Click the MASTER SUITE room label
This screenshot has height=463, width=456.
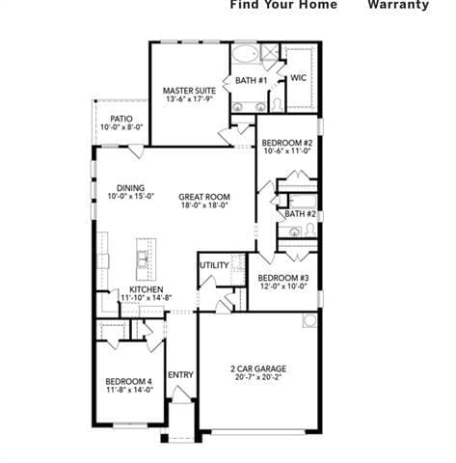click(187, 90)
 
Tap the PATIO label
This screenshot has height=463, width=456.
click(121, 118)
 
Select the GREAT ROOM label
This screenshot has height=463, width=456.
click(203, 196)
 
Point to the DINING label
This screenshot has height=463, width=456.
click(130, 188)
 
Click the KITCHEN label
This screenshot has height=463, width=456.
click(145, 288)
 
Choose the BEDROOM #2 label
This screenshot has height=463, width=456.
click(287, 143)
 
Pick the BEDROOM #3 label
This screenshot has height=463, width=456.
click(283, 278)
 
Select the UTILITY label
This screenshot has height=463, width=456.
click(214, 265)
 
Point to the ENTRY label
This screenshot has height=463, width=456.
click(180, 375)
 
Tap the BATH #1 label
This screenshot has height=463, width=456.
click(251, 80)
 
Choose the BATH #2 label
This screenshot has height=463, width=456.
click(300, 213)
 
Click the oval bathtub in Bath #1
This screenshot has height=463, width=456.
click(245, 53)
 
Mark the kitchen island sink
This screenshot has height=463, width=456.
click(143, 258)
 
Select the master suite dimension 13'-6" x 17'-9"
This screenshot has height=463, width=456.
click(187, 99)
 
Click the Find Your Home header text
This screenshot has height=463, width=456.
click(283, 5)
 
